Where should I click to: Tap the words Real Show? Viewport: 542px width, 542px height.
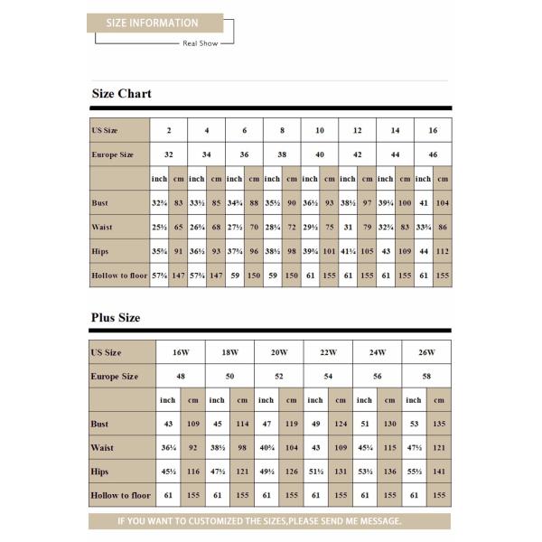point(200,42)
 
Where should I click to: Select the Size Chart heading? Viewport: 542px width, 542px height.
point(121,93)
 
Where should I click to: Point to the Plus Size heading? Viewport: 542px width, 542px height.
point(116,318)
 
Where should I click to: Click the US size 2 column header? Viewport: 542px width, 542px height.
point(169,131)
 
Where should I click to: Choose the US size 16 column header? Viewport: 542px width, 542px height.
point(433,131)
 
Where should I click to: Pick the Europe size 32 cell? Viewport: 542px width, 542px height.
point(169,154)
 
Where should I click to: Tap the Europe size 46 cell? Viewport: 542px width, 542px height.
point(433,154)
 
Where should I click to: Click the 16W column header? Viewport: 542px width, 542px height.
point(181,352)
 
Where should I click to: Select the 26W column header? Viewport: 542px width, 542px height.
point(425,352)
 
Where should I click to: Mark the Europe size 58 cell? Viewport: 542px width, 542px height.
point(425,376)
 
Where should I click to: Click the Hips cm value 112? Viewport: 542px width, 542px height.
point(443,249)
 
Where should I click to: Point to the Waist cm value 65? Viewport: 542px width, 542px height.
point(179,226)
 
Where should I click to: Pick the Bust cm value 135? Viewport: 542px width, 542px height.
point(439,423)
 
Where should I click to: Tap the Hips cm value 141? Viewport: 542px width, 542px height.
point(439,472)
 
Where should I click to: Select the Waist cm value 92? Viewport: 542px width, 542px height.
point(193,447)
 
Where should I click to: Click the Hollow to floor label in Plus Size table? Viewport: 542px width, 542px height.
point(120,496)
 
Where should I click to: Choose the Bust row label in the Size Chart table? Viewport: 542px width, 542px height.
point(100,202)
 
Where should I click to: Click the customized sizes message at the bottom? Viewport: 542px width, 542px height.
point(271,521)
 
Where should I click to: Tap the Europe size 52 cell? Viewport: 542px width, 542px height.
point(278,376)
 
